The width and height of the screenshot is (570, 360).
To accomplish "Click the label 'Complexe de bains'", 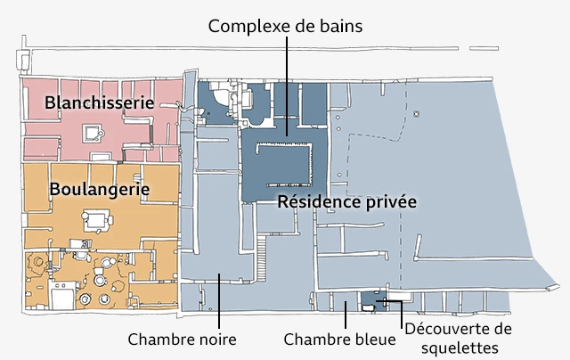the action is pyautogui.click(x=285, y=26).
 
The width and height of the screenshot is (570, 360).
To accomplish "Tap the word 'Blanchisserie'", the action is pyautogui.click(x=100, y=102).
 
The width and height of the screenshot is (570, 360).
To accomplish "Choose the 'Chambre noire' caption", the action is pyautogui.click(x=183, y=340).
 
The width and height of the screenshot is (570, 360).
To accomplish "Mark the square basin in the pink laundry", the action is pyautogui.click(x=92, y=134).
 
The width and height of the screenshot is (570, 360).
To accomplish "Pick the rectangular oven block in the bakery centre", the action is pyautogui.click(x=95, y=217).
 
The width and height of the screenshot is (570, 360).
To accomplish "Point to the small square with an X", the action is pyautogui.click(x=415, y=115).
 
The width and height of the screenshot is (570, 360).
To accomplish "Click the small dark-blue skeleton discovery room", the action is pyautogui.click(x=371, y=302).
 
